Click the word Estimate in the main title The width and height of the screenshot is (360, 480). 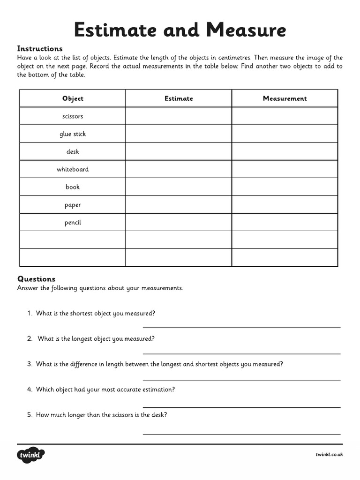tap(114, 30)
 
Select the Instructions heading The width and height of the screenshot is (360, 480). tap(40, 48)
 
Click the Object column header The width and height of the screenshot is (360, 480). tap(73, 98)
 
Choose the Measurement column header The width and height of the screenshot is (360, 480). tap(285, 98)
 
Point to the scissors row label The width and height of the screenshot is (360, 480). tap(73, 116)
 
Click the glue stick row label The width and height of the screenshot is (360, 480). tap(73, 134)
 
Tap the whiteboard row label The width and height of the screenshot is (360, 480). tap(73, 169)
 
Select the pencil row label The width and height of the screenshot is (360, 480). tap(73, 223)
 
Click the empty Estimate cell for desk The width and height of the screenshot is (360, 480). tap(179, 151)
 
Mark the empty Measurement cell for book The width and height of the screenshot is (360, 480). tap(285, 187)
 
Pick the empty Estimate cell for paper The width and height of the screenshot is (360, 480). tap(179, 205)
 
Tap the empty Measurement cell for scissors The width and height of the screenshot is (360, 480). tap(285, 116)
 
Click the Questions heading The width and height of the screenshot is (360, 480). tap(36, 279)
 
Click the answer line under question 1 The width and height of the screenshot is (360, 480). tap(241, 327)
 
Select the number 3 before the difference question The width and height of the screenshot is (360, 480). tap(30, 364)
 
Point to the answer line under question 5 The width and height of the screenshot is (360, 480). tap(241, 434)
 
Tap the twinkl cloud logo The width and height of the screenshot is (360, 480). tap(31, 455)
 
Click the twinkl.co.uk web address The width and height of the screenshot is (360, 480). tap(329, 455)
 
